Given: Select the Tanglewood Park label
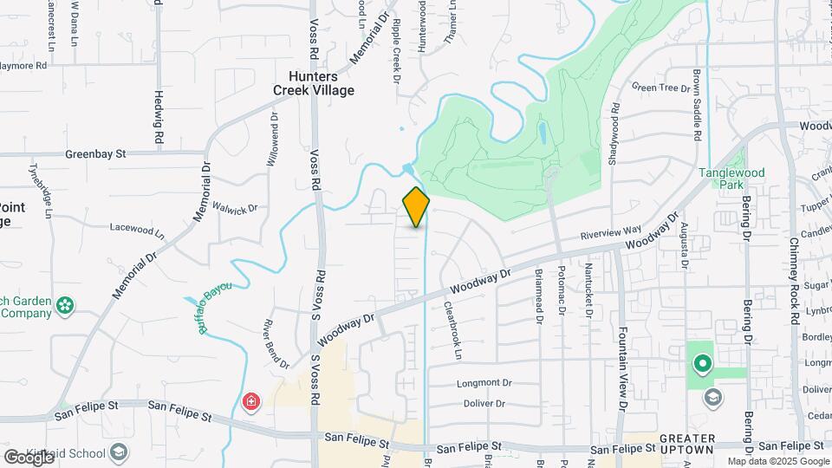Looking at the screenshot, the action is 732,179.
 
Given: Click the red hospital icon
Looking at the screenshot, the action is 251,401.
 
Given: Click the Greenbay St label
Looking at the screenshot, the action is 96,153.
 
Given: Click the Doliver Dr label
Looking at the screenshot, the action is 484,404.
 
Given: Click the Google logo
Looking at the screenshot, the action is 29,457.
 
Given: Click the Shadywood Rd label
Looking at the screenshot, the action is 614,130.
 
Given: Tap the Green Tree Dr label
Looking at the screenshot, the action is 660,87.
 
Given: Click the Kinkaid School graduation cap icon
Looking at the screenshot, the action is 119,452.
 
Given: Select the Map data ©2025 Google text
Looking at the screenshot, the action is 777,461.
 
